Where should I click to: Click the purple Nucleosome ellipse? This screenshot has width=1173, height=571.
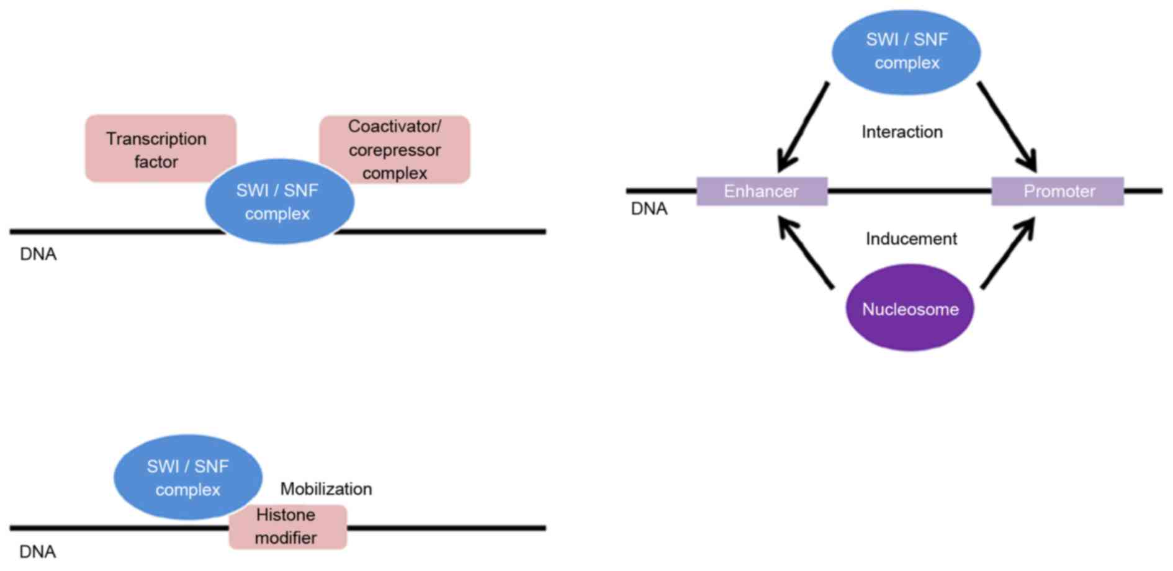coord(910,308)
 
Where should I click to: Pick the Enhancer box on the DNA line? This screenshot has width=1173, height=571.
coord(762,191)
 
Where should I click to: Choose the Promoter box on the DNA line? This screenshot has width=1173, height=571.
coord(1058,191)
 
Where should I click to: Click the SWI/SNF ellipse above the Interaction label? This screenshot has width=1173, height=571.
coord(906,52)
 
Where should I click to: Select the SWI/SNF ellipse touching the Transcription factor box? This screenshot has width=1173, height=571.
coord(279,202)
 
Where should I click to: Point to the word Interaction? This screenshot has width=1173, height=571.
coord(902,132)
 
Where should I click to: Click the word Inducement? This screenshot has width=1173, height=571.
coord(911,239)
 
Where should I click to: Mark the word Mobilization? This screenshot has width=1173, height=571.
coord(326,489)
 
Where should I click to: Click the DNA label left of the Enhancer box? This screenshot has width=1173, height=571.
coord(649,209)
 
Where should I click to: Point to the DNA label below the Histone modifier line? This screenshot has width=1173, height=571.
coord(38,552)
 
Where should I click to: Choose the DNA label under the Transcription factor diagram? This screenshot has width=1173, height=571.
coord(38,254)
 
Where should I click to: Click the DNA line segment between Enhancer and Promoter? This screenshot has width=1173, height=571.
coord(909,191)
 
